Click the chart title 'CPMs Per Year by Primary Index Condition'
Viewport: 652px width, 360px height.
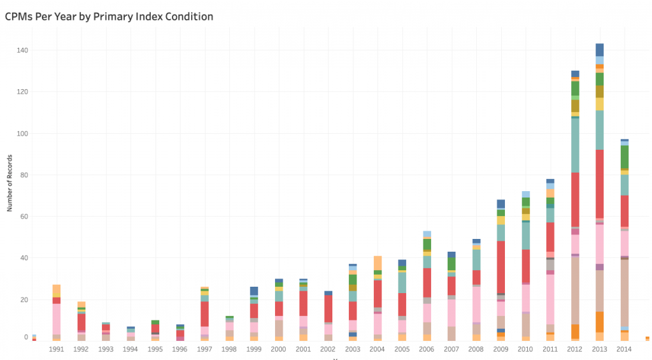pos(109,17)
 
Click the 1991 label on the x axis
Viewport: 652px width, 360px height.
pos(56,349)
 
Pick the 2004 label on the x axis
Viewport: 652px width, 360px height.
pos(378,349)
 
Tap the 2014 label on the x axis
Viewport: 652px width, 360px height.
pos(625,349)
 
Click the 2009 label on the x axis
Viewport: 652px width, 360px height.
pos(501,349)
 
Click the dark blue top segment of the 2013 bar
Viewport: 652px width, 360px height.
pos(599,50)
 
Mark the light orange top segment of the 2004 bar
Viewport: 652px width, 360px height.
pos(378,263)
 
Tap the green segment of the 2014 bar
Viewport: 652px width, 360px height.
pos(625,156)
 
